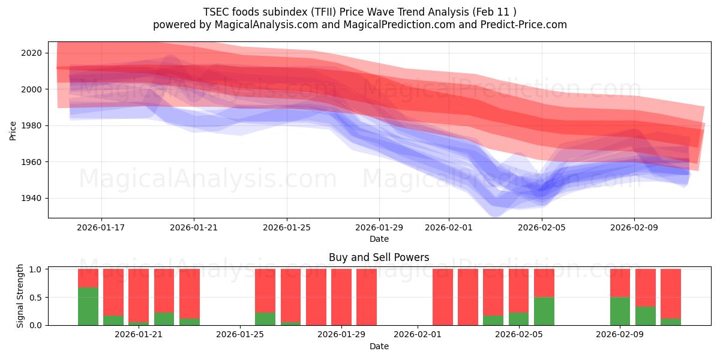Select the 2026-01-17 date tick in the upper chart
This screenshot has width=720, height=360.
click(101, 227)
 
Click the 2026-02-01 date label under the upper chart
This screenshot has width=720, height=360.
click(449, 227)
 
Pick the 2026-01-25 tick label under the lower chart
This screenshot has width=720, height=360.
click(240, 335)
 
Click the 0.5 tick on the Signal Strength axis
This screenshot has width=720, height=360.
click(35, 297)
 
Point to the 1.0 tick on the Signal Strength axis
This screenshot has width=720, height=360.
click(35, 269)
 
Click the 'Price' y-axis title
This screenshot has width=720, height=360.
click(13, 130)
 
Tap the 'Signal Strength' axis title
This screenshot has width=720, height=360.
click(20, 296)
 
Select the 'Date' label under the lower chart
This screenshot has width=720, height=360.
click(379, 346)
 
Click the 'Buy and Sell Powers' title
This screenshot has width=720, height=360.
click(379, 257)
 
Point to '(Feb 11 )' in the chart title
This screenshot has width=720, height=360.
click(494, 11)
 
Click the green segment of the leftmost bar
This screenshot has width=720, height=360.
click(88, 306)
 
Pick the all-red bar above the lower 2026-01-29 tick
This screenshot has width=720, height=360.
click(341, 297)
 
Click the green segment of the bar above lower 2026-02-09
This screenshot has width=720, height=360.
click(620, 311)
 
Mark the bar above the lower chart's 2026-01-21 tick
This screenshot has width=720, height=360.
click(139, 297)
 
